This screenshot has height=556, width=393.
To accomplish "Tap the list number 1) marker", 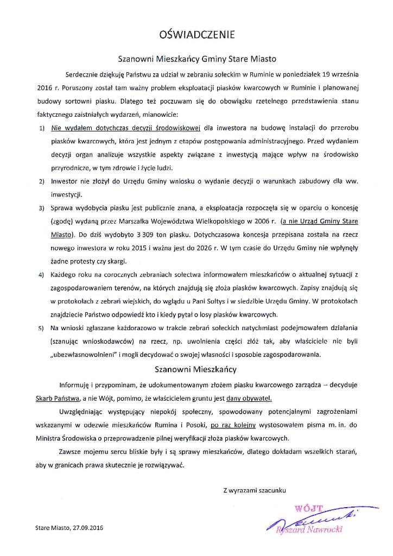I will click(x=42, y=129).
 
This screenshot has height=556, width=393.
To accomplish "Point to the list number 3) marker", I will click(x=42, y=208).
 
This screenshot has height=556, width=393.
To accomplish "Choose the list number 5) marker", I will click(x=42, y=328).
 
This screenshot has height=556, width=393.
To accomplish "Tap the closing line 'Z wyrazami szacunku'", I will click(x=254, y=490).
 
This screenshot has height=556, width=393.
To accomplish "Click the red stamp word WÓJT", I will click(x=308, y=509).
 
